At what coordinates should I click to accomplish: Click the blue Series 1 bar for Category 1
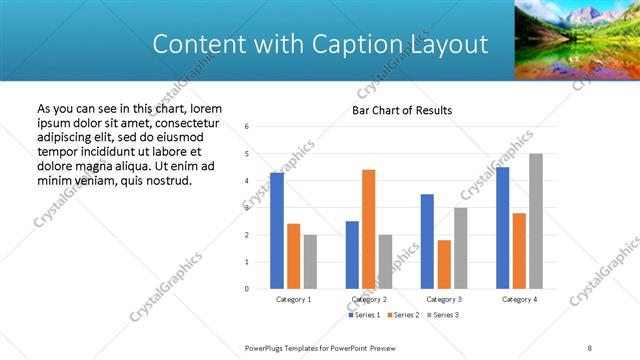[x=277, y=231]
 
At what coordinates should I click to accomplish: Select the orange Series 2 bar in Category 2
[x=368, y=229]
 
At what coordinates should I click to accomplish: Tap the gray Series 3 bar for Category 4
[x=536, y=221]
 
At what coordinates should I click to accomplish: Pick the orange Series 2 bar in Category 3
[x=443, y=264]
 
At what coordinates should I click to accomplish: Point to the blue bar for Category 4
[x=502, y=228]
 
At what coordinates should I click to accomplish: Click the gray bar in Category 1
[x=310, y=261]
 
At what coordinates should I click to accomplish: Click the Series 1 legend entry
[x=364, y=315]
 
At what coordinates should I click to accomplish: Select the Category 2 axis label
[x=369, y=299]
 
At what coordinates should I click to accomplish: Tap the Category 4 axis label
[x=519, y=299]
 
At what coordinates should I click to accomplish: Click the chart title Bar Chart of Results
[x=402, y=110]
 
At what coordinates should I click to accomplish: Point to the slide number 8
[x=589, y=347]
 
